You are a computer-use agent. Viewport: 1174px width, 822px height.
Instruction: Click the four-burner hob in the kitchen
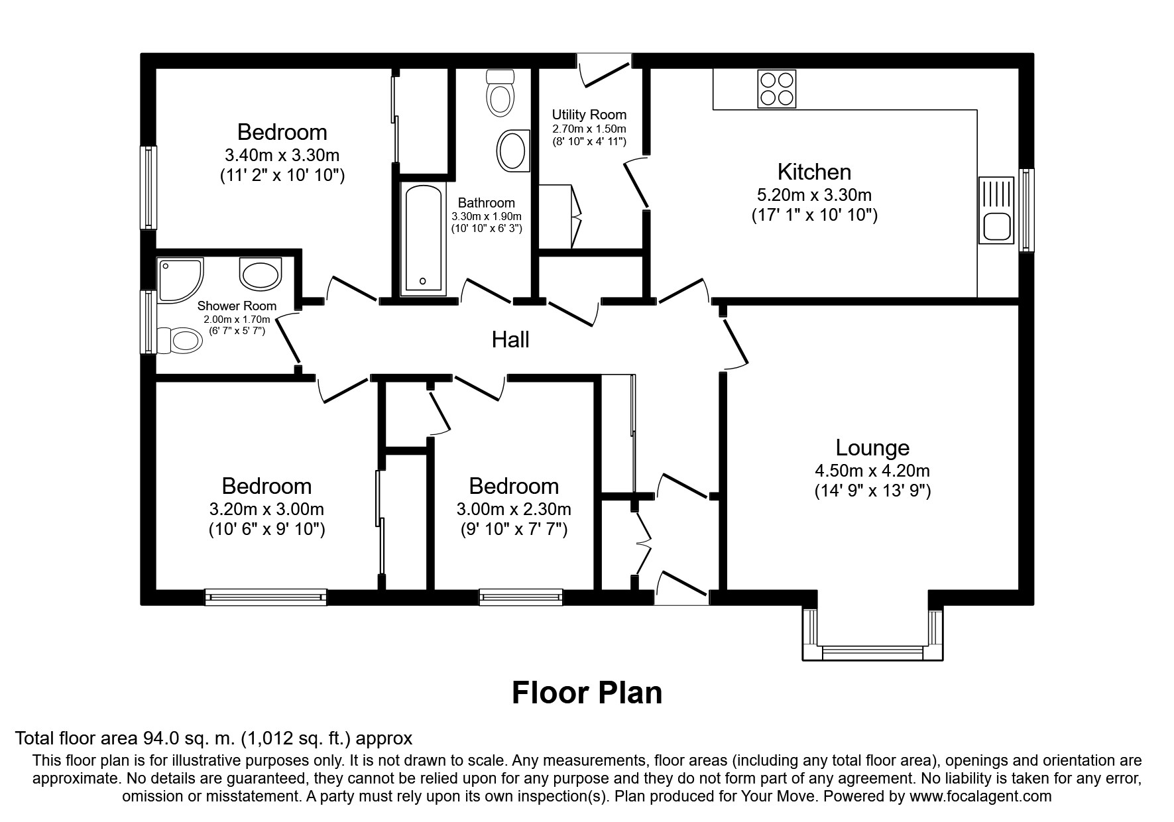(x=777, y=89)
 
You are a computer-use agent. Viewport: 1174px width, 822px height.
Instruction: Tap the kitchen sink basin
(x=996, y=227)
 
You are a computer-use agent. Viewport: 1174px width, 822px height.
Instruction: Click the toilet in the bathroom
(x=500, y=93)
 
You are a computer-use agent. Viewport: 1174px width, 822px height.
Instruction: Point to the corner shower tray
(x=177, y=278)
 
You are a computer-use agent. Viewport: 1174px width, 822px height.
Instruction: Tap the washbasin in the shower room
(x=261, y=274)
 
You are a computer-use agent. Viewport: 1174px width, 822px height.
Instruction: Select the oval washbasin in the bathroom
(x=513, y=150)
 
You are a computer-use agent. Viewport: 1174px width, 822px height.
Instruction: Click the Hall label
(x=510, y=340)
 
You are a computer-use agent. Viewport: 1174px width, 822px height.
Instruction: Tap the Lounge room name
(x=872, y=448)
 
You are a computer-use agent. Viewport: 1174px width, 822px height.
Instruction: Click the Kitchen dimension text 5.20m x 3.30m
(x=814, y=195)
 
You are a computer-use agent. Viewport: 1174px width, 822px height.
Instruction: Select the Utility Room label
(x=589, y=115)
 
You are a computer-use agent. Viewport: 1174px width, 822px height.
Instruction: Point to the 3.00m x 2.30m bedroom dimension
(x=514, y=509)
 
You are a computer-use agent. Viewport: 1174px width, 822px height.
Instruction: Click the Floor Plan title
(x=587, y=693)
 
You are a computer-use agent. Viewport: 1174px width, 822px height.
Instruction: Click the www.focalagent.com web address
(x=980, y=796)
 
